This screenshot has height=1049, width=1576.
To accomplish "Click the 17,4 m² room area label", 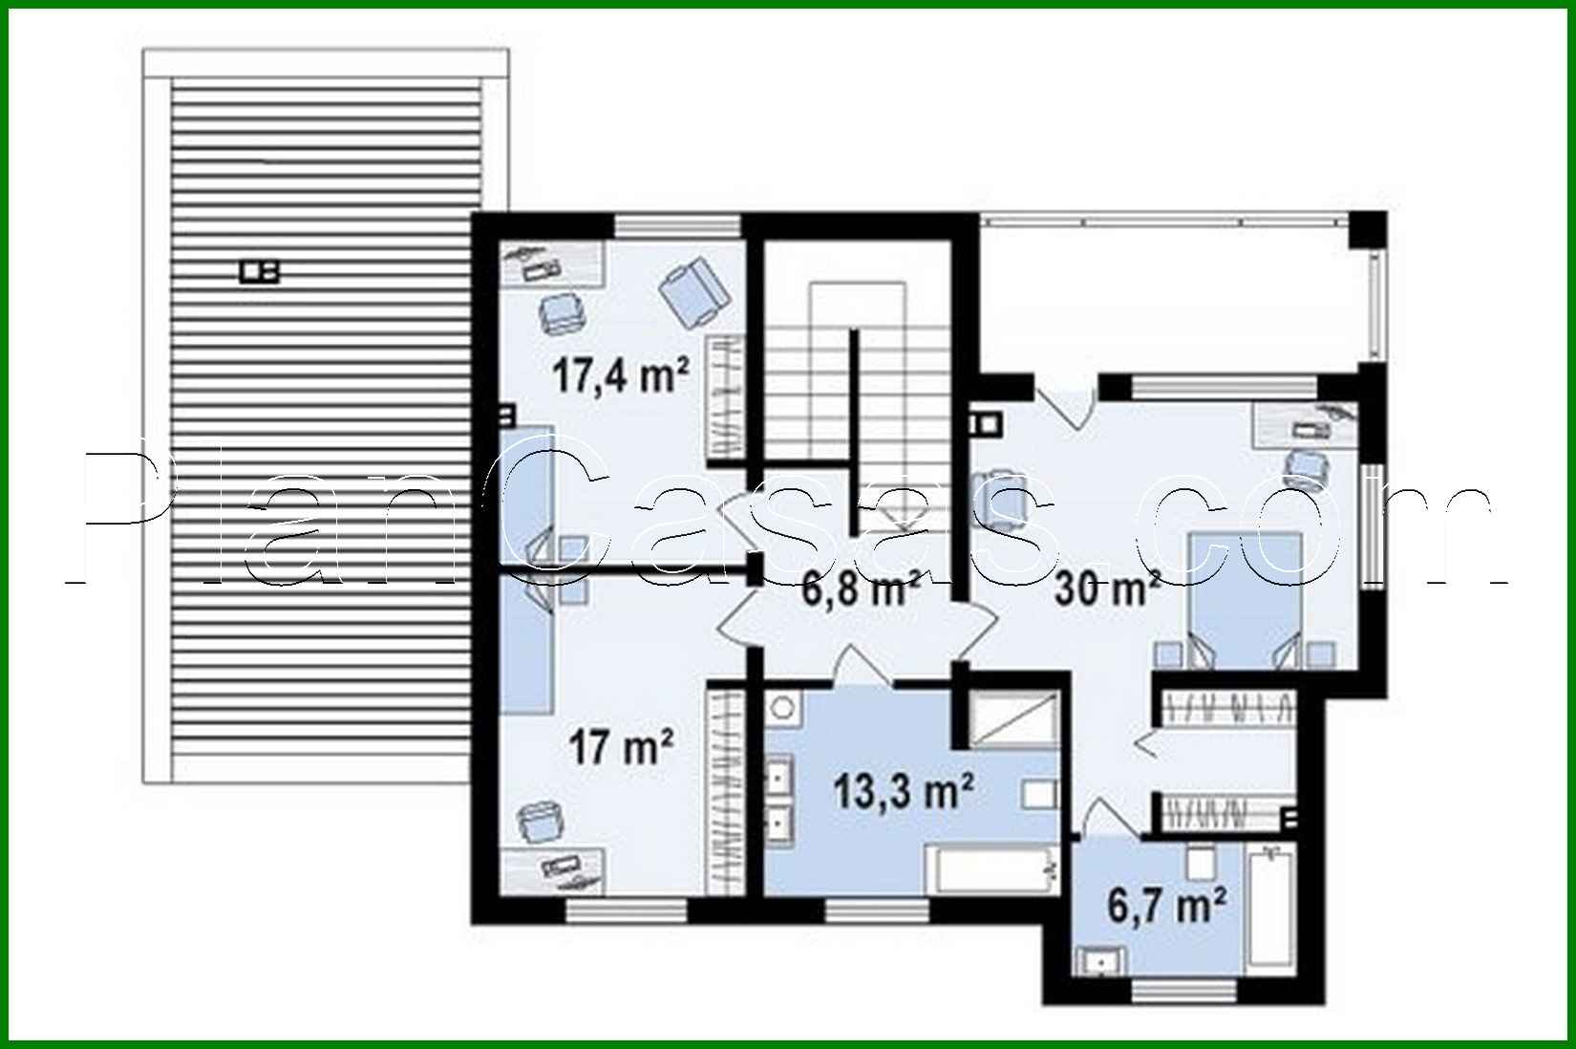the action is tap(620, 375).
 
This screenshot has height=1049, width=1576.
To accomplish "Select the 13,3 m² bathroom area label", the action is tap(904, 790).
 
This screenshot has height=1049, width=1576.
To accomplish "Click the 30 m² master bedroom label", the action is tap(1107, 589).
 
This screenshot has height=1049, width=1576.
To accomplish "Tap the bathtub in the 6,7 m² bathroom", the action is tap(1270, 908).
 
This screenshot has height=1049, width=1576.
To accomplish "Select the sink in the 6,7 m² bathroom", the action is tap(1100, 959).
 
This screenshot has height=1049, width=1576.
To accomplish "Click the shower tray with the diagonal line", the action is tap(1013, 717).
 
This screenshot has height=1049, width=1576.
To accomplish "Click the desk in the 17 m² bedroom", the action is tap(552, 870).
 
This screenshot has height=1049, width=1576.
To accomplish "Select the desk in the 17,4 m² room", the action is tap(552, 263).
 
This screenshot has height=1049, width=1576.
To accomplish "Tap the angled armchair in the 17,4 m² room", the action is tap(694, 292).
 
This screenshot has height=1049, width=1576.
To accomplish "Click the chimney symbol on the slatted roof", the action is tap(259, 271).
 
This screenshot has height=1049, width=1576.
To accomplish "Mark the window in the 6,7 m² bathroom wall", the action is tap(1184, 991).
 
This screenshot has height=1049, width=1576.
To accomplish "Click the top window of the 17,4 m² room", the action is tap(678, 225).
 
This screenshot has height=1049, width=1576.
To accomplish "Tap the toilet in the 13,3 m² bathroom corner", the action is tap(782, 706).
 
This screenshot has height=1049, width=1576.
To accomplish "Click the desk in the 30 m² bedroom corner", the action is tap(1305, 424).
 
